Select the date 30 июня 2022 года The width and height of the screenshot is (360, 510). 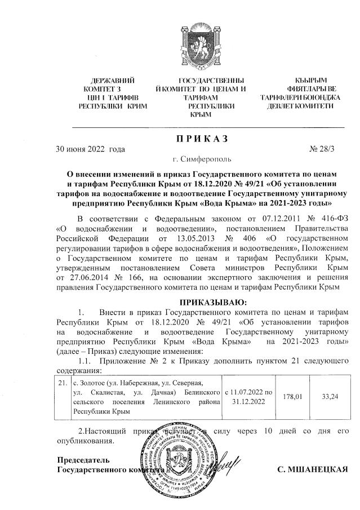click(90, 150)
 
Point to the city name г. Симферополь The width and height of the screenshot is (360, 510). click(197, 161)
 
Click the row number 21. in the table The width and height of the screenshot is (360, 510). click(64, 383)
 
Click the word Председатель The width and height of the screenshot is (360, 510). click(85, 459)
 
